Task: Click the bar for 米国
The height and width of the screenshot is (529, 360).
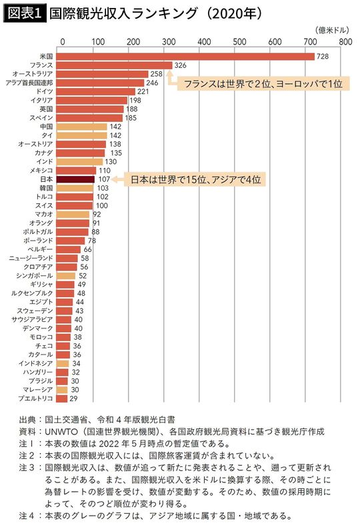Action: [185, 57]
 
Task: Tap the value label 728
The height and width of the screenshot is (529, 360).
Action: [323, 57]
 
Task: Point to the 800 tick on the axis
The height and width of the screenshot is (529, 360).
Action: [344, 41]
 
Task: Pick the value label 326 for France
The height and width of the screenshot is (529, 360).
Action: [181, 65]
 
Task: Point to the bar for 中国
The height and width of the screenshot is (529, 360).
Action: [81, 127]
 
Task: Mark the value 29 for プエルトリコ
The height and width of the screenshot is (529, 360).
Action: [73, 398]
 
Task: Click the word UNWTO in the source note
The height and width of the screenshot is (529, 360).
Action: [61, 432]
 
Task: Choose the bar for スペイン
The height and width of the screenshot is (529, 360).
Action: [89, 118]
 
